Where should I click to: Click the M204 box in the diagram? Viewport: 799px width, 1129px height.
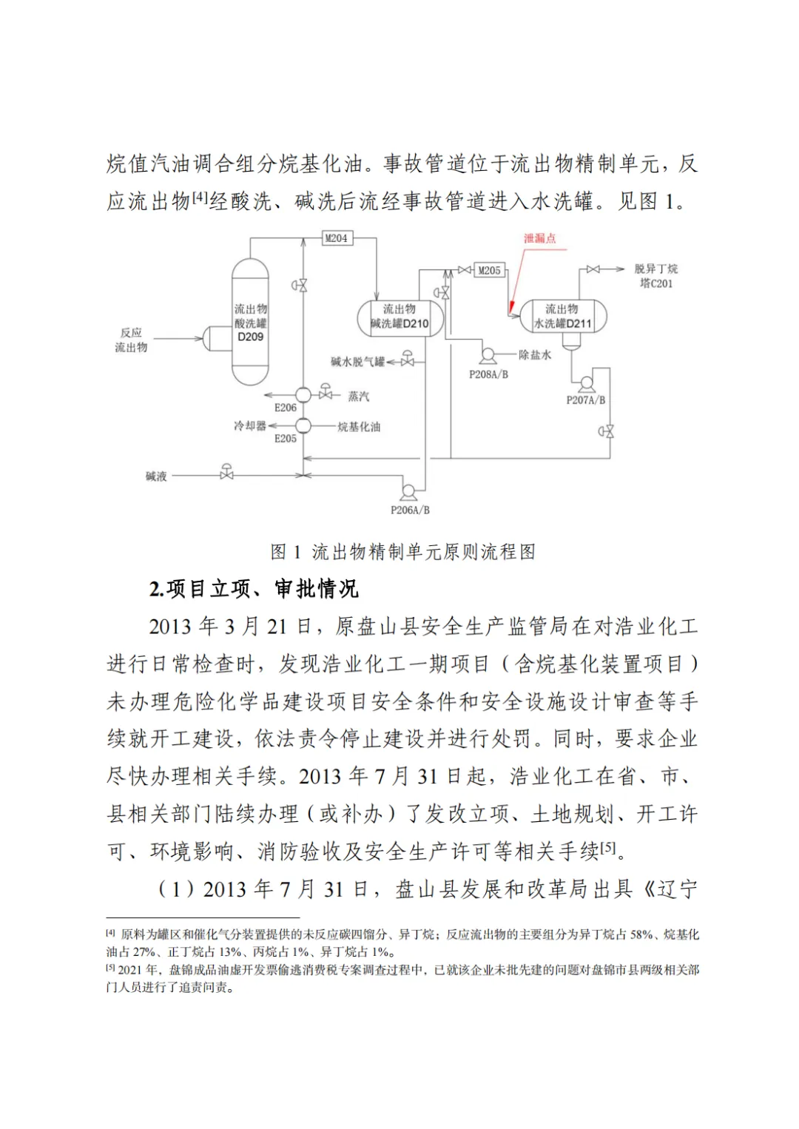coord(337,238)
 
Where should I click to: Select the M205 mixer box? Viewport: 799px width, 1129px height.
coord(489,270)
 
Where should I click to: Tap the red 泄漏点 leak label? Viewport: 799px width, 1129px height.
coord(539,238)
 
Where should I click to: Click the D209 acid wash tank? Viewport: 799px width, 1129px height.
coord(250,323)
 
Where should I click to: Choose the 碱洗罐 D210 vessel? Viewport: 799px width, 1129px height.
coord(399,317)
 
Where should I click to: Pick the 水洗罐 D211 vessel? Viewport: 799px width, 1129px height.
coord(563,317)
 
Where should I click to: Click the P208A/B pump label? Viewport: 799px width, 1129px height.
coord(488,374)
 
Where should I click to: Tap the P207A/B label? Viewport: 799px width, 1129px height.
coord(585,400)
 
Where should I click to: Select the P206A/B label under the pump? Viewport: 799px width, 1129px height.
coord(410,510)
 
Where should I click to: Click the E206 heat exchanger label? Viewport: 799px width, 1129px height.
coord(286,408)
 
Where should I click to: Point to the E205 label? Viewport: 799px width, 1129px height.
coord(286,439)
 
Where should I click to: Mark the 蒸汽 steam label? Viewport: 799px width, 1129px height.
coord(359,397)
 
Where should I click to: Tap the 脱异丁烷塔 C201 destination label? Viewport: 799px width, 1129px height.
coord(655,276)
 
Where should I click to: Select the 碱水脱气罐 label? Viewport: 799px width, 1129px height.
coord(357,362)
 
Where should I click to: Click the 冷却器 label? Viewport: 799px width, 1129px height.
coord(249,426)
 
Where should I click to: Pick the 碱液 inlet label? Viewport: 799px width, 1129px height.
coord(156,476)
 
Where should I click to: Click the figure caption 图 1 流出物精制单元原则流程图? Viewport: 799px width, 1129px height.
coord(402,552)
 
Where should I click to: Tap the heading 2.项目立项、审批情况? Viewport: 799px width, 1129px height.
coord(254,589)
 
